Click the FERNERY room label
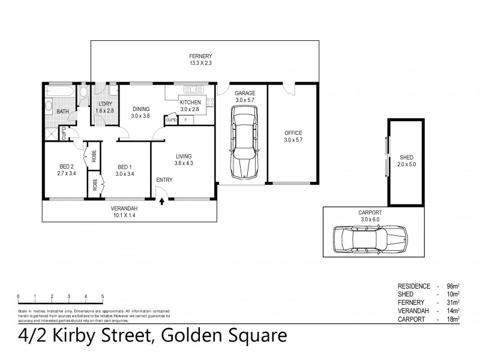(201, 56)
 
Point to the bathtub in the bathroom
(60, 92)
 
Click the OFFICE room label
(293, 133)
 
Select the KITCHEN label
(190, 103)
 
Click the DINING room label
(141, 109)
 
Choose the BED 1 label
(124, 167)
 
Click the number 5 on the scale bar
(103, 296)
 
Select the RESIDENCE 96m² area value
(452, 285)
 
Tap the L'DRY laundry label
(105, 103)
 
